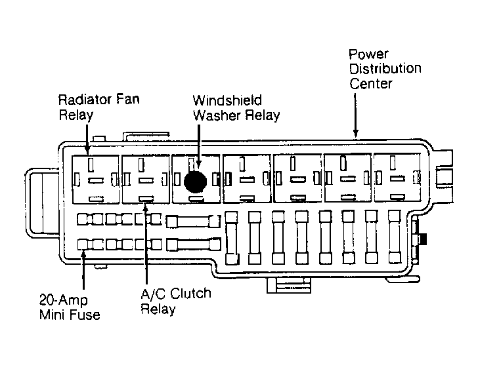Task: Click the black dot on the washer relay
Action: coord(196,182)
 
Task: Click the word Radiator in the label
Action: coord(80,100)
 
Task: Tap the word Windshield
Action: coord(227,100)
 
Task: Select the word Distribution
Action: coord(385,68)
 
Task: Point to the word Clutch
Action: coord(190,294)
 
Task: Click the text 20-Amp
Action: coord(64,300)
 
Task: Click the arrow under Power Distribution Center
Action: coord(355,115)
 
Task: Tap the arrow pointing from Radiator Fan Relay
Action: coord(87,140)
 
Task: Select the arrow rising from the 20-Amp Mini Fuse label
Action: coord(83,269)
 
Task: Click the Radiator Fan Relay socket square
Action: coord(95,179)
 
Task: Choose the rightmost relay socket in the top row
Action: coord(397,178)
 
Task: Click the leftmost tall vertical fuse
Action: coord(231,238)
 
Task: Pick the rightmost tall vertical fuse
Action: coord(395,237)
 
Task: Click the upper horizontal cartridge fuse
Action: coord(193,221)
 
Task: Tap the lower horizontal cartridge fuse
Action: coord(194,245)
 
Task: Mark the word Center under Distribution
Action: coord(371,84)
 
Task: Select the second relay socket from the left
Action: coord(146,179)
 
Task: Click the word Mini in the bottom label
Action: coord(54,315)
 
